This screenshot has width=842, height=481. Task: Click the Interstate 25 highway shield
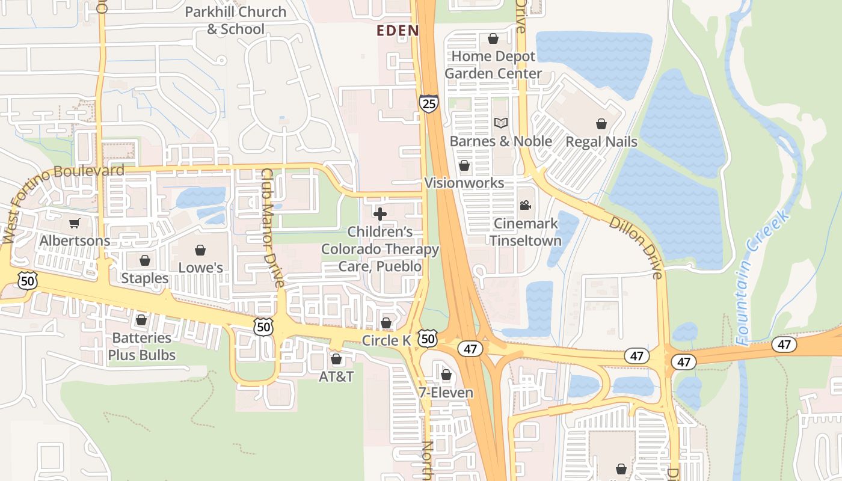pyautogui.click(x=429, y=103)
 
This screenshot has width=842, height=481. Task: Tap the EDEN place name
pyautogui.click(x=397, y=31)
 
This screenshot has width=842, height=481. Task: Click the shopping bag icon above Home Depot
pyautogui.click(x=493, y=39)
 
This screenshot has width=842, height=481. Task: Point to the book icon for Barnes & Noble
pyautogui.click(x=501, y=123)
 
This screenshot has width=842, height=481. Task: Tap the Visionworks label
pyautogui.click(x=464, y=182)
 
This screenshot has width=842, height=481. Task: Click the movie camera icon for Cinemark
pyautogui.click(x=525, y=206)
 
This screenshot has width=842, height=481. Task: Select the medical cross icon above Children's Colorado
pyautogui.click(x=380, y=214)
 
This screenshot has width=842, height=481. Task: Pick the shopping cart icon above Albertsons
pyautogui.click(x=75, y=224)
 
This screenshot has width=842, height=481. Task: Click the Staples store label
pyautogui.click(x=145, y=278)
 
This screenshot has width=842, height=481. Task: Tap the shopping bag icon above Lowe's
pyautogui.click(x=200, y=250)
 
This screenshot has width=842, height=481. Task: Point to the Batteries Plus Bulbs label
pyautogui.click(x=142, y=346)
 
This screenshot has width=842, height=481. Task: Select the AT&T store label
pyautogui.click(x=336, y=377)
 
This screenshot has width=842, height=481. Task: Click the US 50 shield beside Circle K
pyautogui.click(x=428, y=339)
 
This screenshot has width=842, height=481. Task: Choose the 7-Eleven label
pyautogui.click(x=446, y=393)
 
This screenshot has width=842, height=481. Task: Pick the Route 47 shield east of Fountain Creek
pyautogui.click(x=784, y=345)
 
